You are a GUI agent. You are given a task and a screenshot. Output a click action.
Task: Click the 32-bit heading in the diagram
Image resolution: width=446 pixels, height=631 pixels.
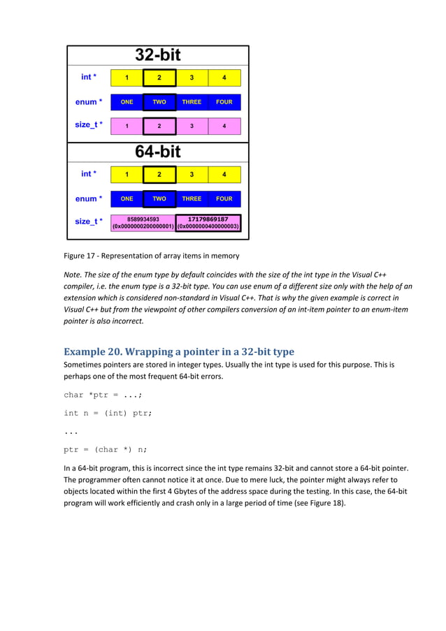coord(158,55)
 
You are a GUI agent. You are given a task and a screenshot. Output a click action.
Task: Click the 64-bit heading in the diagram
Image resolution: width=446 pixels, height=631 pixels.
coord(158,151)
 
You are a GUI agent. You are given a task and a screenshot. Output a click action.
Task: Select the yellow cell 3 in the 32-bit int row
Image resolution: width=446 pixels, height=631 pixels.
coord(192,78)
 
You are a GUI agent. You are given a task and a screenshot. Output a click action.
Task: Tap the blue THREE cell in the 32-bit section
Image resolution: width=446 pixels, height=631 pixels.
coord(192,102)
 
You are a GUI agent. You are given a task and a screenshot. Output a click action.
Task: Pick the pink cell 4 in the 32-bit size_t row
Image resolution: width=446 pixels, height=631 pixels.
coord(224,126)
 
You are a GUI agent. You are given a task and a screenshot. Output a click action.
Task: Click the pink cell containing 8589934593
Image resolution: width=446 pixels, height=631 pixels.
coord(143,222)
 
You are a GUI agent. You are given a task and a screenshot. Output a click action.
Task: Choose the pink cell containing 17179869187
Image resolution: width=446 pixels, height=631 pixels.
coord(208,222)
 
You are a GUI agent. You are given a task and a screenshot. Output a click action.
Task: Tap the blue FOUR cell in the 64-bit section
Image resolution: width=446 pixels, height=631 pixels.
coord(224,198)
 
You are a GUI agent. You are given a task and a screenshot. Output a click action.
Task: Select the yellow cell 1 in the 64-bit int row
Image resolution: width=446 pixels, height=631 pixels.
coord(127,174)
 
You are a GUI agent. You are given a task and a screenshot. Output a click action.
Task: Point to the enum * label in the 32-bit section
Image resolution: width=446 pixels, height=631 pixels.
coord(89,102)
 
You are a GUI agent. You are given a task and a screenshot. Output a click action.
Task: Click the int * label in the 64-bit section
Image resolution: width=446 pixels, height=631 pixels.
coord(89,174)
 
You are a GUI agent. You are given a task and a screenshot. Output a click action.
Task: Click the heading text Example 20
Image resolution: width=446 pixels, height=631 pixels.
coord(93,351)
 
